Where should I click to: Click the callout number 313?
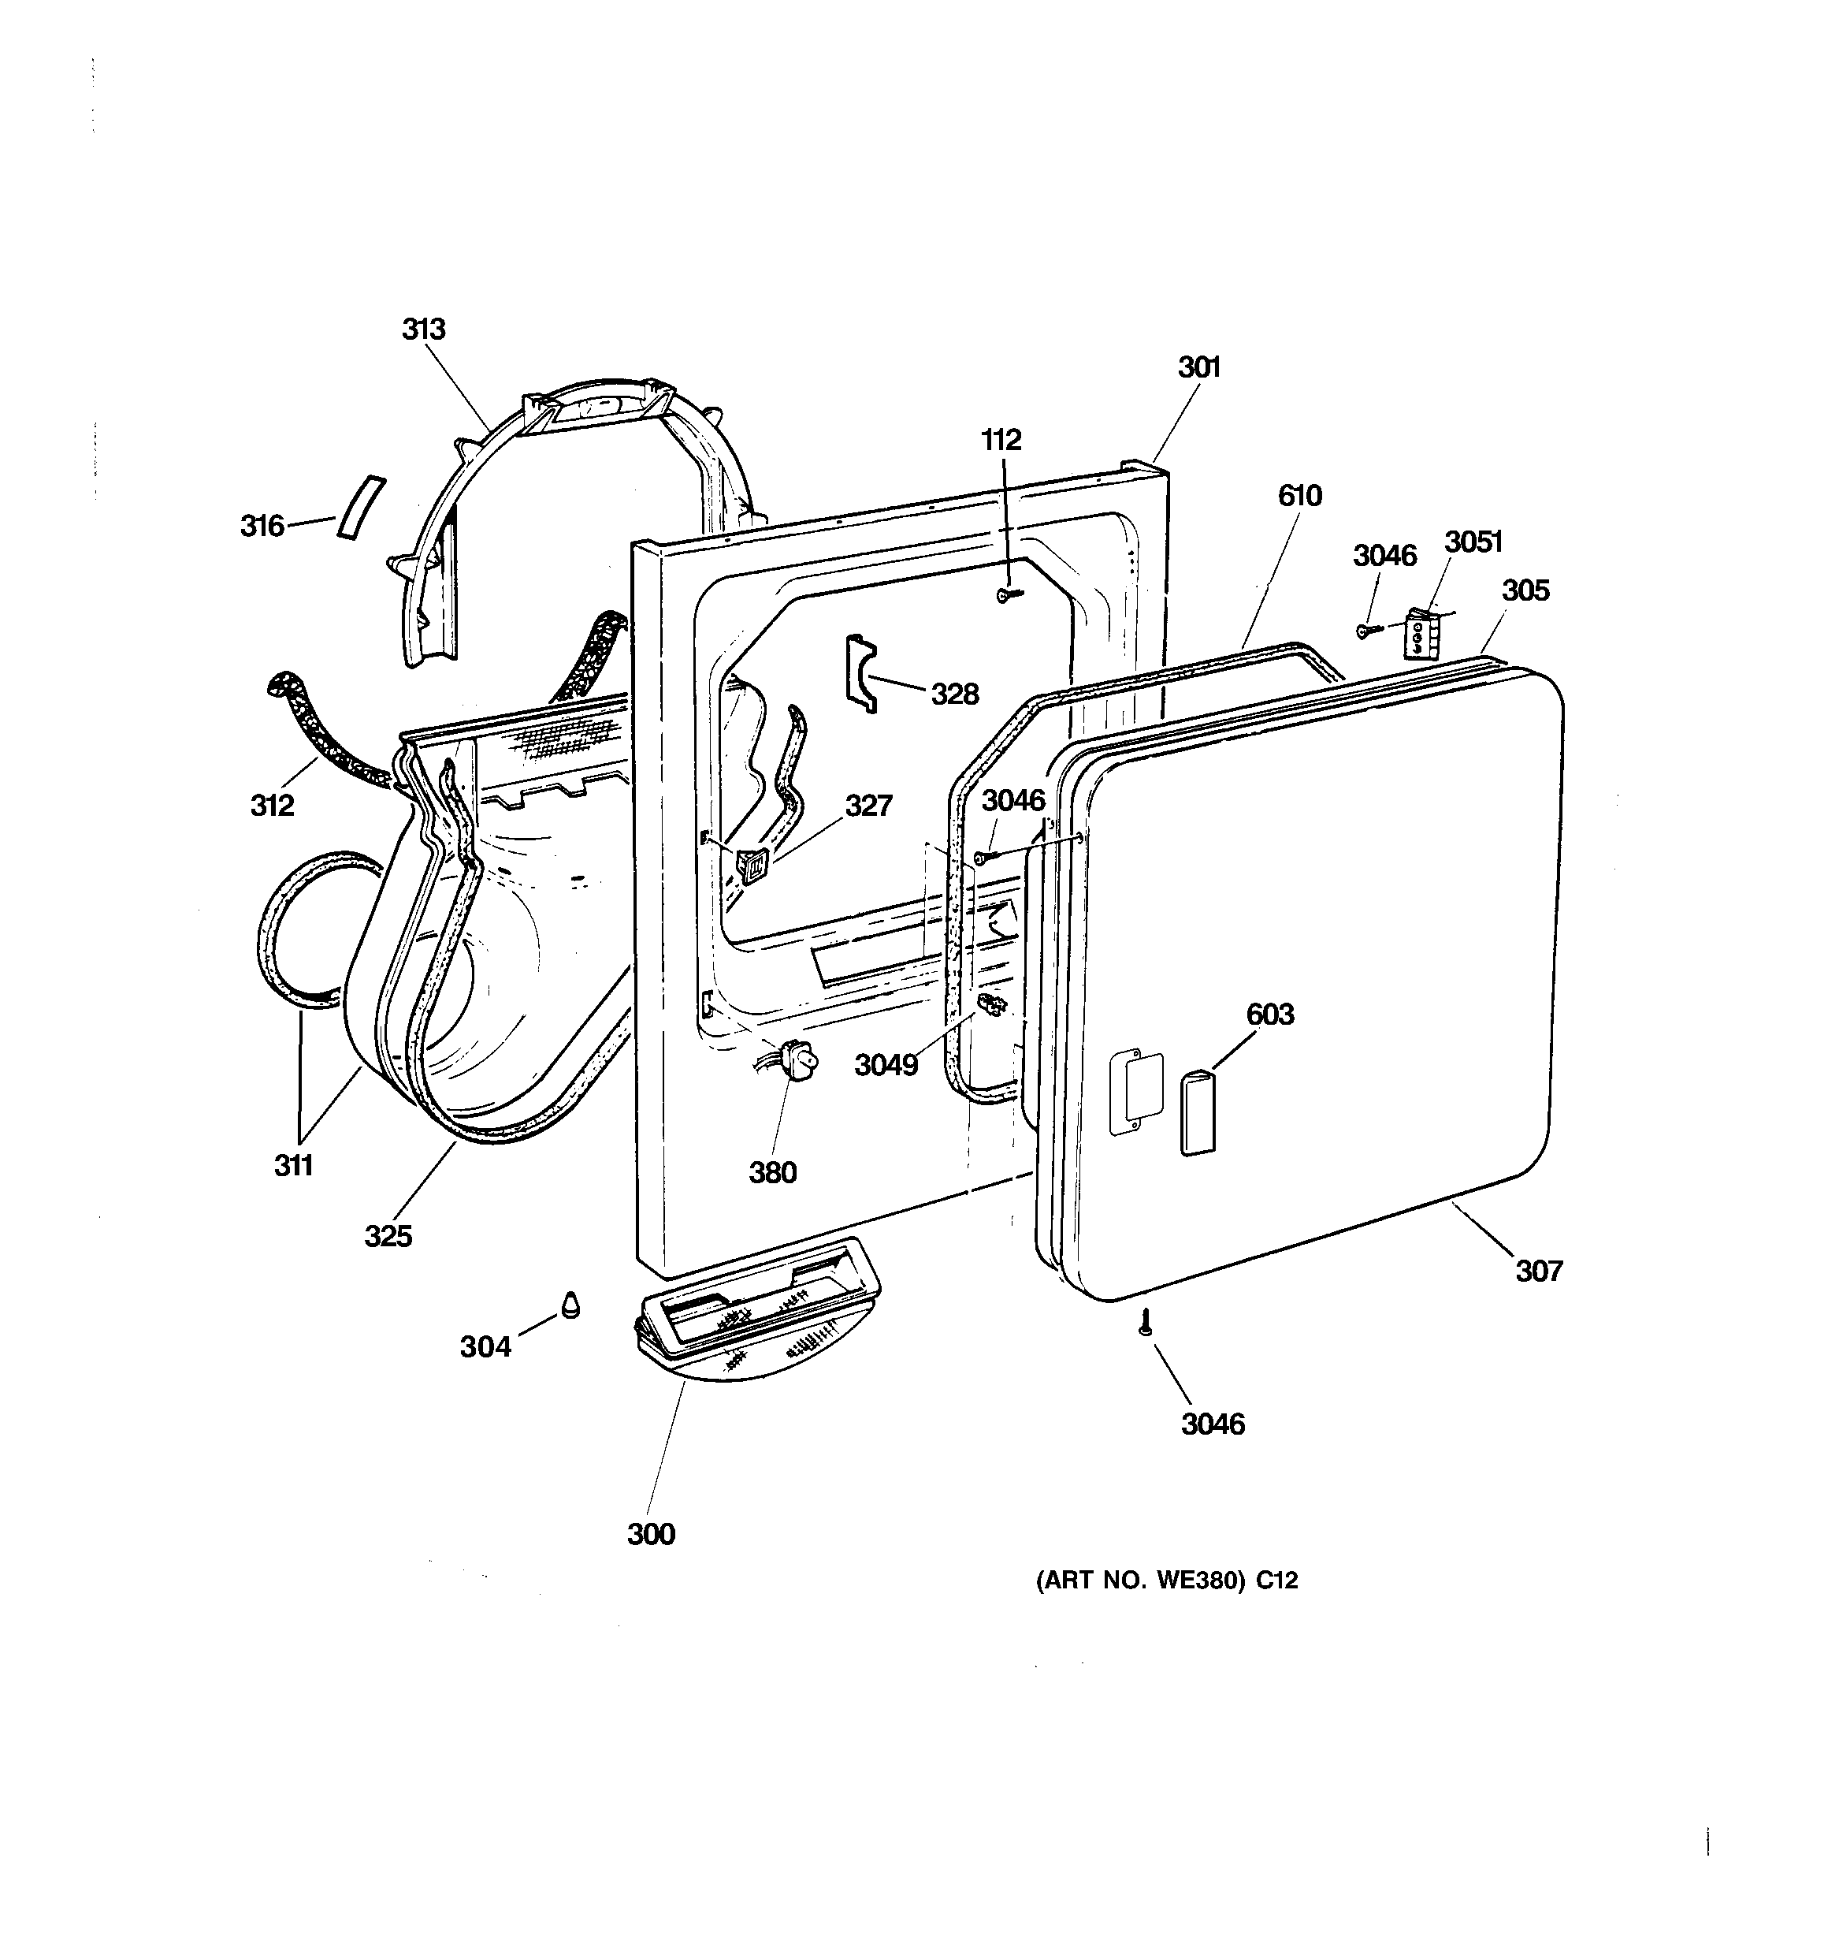423,329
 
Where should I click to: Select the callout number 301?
1198,367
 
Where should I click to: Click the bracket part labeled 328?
860,673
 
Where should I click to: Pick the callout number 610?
1299,496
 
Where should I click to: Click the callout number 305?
1525,590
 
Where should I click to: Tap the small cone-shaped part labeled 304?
570,1305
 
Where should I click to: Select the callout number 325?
388,1235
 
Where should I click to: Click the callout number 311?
292,1165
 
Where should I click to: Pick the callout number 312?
272,805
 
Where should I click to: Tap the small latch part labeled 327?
752,866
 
